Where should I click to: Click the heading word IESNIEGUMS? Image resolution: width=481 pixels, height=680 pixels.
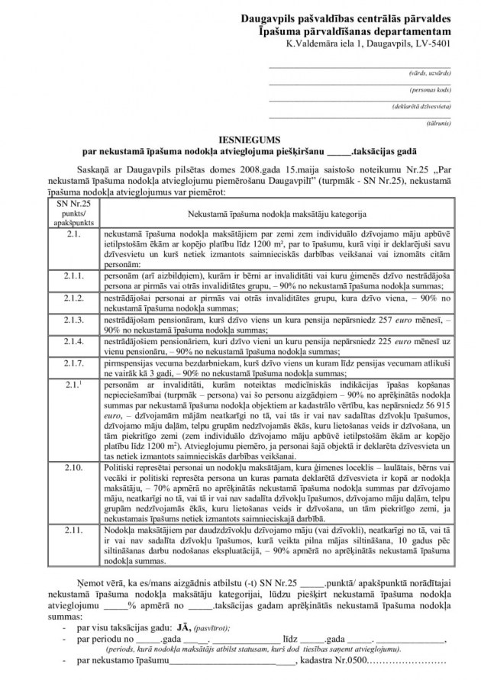(x=239, y=140)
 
